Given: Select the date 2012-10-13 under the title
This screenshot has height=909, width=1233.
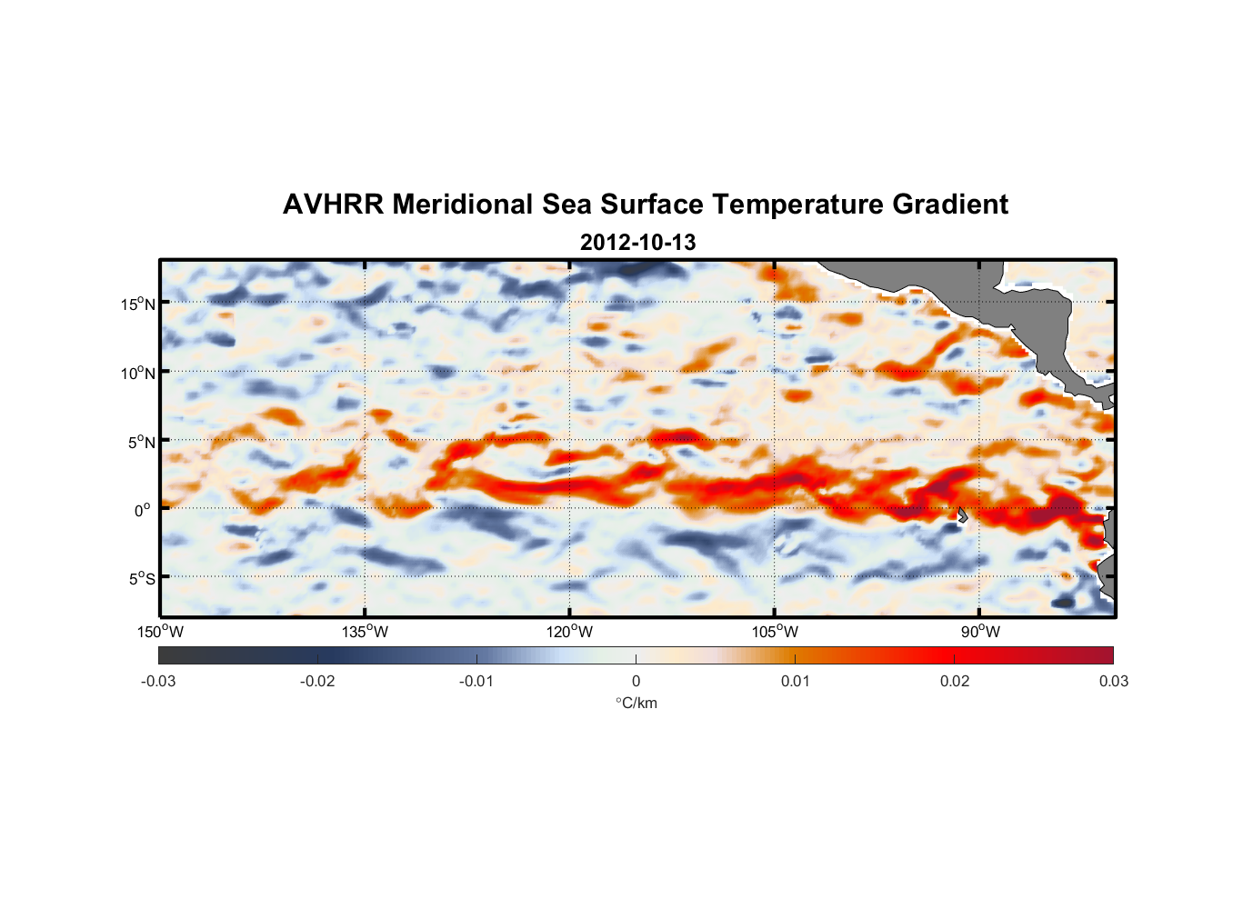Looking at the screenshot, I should (637, 243).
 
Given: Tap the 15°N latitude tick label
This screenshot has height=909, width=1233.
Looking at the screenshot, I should (137, 304).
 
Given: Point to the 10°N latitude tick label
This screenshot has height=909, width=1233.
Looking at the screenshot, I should (137, 373).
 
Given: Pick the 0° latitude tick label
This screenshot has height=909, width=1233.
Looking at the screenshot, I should (143, 511).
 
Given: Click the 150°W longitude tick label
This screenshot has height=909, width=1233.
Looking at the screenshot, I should (160, 632).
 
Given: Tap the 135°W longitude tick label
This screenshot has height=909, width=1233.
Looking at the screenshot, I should (365, 632).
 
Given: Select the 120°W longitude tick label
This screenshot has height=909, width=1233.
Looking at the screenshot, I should (569, 632).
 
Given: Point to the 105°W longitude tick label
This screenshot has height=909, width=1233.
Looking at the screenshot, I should (775, 632).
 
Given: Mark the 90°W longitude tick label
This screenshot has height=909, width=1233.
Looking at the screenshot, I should (980, 632).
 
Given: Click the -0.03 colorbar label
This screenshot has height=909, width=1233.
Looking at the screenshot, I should (158, 682).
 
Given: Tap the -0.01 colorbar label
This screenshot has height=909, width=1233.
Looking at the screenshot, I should (476, 682).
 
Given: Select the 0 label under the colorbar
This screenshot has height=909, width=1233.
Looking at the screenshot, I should (636, 682).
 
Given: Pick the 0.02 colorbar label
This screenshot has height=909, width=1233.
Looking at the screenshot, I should (954, 682).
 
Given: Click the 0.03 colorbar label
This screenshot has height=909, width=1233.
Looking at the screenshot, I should (1113, 682).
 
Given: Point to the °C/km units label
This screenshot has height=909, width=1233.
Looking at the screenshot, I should (636, 703).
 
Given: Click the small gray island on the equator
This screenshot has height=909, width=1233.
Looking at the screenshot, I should (962, 514).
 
